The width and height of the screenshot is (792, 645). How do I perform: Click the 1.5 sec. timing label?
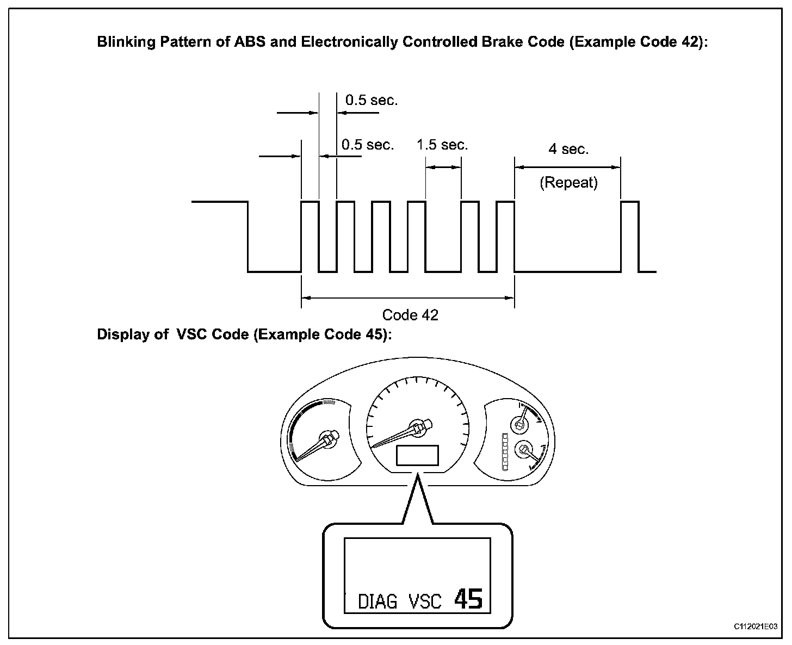442,145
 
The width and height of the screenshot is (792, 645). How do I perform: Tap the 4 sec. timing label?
568,149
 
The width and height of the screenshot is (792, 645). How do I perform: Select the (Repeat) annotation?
568,183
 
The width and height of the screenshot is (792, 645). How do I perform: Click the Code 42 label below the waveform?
410,315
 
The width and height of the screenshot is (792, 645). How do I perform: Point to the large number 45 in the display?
468,599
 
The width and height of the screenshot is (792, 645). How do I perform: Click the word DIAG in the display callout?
378,601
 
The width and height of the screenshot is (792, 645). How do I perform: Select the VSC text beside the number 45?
425,601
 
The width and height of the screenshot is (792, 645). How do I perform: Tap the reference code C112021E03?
756,627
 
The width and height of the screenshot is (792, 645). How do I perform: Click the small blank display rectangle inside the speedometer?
417,455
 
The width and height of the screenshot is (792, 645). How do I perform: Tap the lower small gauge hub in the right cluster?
523,449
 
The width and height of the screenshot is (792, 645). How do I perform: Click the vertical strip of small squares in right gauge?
505,452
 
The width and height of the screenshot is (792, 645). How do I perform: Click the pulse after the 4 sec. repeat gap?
630,237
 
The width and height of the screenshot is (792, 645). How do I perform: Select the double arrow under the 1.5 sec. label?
443,168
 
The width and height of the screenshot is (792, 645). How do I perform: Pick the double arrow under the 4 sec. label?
568,168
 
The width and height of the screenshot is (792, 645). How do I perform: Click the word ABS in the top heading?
250,42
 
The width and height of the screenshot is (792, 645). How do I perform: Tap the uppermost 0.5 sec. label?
372,100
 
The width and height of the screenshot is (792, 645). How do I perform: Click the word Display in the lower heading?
123,334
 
